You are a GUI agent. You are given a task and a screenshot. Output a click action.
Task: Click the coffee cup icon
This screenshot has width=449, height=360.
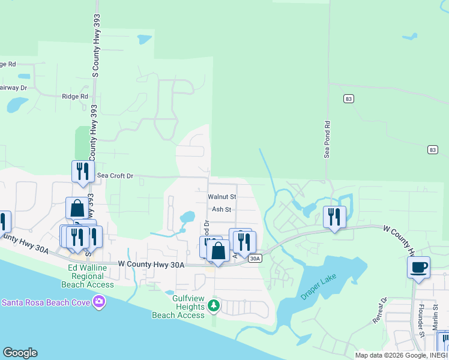pyautogui.click(x=418, y=267)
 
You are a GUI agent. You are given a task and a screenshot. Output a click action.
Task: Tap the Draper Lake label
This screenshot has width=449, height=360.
pyautogui.click(x=319, y=279)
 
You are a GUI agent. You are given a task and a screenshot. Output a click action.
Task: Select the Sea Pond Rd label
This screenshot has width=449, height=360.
pyautogui.click(x=328, y=142)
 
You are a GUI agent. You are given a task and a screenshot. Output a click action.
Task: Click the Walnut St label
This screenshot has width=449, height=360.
pyautogui.click(x=222, y=196)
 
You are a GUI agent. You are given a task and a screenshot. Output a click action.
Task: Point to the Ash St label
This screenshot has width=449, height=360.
pyautogui.click(x=221, y=209)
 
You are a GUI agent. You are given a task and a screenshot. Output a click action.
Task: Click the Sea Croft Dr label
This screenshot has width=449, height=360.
pyautogui.click(x=115, y=176)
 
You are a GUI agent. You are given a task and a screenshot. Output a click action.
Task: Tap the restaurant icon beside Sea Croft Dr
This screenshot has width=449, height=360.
pyautogui.click(x=83, y=171)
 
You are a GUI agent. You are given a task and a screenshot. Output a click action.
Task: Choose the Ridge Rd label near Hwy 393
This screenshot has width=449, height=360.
pyautogui.click(x=75, y=96)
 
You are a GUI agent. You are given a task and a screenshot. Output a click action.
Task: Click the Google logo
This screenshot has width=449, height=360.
pyautogui.click(x=20, y=353)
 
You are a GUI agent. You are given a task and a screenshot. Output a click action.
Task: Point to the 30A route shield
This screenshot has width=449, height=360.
pyautogui.click(x=255, y=259)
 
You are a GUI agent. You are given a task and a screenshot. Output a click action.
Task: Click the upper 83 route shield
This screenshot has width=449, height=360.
pyautogui.click(x=348, y=98)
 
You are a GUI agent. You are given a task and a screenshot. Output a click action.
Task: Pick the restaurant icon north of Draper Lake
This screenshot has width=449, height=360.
pyautogui.click(x=334, y=217)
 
